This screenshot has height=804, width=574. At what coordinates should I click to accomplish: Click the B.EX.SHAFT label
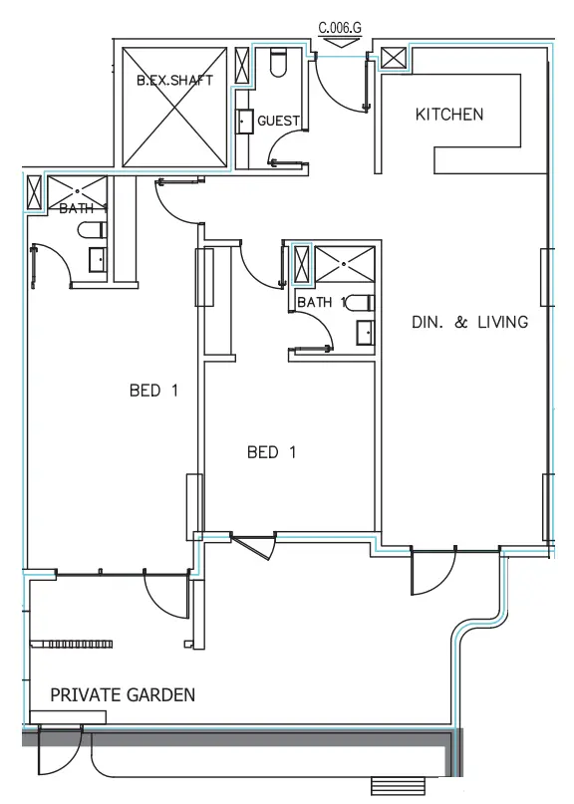point(174,81)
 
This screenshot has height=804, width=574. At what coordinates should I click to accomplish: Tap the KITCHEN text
point(448,115)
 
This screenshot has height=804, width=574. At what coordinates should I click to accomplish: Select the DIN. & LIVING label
point(468,323)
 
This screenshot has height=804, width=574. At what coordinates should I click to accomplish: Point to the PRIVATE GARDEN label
point(123,694)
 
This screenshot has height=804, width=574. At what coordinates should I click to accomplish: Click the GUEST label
point(278,121)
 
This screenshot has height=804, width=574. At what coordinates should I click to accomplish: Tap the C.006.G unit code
point(340,29)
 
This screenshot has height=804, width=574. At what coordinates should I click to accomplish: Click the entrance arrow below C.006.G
point(340,42)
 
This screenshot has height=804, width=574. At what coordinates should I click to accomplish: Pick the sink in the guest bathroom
point(245,121)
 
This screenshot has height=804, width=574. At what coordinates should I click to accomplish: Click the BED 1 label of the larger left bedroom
point(153,391)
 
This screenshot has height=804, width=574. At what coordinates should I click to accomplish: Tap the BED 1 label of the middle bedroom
point(271,452)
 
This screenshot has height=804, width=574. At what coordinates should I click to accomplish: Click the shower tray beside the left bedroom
point(77,189)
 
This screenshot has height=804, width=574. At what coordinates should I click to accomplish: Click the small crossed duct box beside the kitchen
point(394,58)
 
